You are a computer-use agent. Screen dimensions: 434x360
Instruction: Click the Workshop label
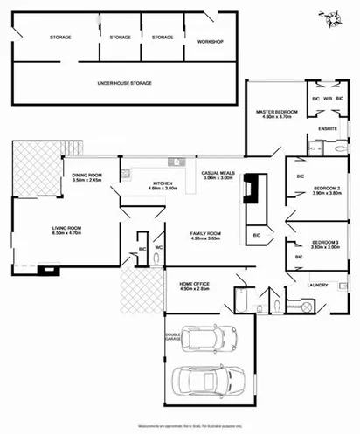tap(211, 42)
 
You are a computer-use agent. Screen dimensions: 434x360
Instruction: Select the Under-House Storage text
tap(125, 83)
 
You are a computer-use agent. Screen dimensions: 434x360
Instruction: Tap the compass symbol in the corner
tap(330, 17)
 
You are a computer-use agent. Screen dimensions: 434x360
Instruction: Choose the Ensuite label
tap(328, 129)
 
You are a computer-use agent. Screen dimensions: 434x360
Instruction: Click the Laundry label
tap(317, 284)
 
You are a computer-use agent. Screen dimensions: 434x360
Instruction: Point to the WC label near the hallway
tap(159, 247)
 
